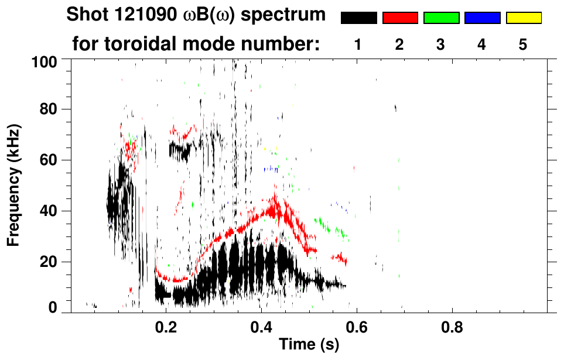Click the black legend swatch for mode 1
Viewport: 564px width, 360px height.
pyautogui.click(x=358, y=18)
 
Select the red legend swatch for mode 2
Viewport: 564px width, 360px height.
pyautogui.click(x=400, y=18)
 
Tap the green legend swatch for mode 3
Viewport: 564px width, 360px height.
pyautogui.click(x=441, y=18)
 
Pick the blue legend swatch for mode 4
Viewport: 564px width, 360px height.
pyautogui.click(x=482, y=18)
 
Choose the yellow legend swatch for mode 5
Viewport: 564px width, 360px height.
pyautogui.click(x=524, y=18)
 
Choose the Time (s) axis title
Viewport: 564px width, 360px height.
pyautogui.click(x=309, y=345)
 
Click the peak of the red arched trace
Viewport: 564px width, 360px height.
pyautogui.click(x=273, y=198)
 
